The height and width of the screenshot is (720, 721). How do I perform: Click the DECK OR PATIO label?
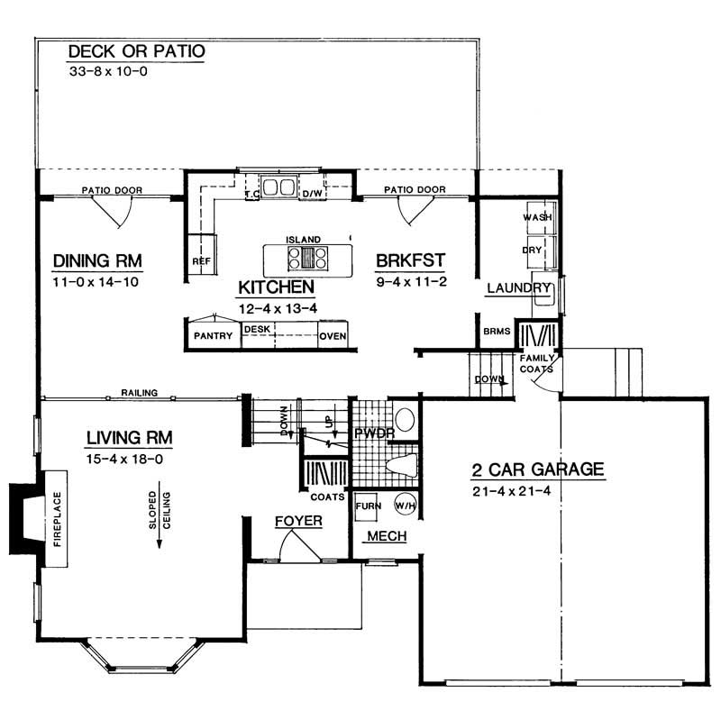click(137, 51)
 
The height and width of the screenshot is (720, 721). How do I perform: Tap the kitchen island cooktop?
click(304, 260)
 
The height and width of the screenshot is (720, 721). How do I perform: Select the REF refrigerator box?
click(201, 261)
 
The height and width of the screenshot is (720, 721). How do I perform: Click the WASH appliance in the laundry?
click(538, 217)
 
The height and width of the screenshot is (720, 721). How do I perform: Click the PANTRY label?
click(214, 337)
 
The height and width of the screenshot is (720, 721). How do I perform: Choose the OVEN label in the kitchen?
click(333, 337)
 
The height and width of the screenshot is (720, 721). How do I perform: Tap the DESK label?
click(257, 329)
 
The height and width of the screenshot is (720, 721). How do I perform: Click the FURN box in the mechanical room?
click(368, 506)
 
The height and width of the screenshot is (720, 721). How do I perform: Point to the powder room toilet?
click(401, 466)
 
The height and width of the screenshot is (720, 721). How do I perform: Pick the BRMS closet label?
click(496, 332)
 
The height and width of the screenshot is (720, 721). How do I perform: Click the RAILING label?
click(141, 393)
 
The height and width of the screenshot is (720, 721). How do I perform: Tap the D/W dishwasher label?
click(312, 194)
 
